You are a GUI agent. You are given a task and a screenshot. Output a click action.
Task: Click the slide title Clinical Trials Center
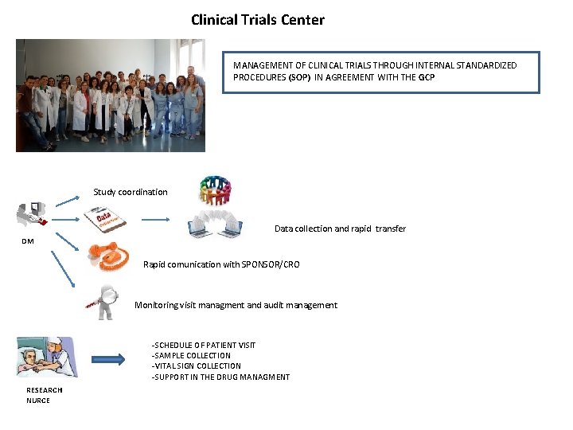point(257,20)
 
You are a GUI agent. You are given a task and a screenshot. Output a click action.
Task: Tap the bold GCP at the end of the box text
point(427,77)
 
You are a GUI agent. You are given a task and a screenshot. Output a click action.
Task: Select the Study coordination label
point(131,192)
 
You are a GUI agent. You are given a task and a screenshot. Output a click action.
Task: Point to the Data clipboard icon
point(107,219)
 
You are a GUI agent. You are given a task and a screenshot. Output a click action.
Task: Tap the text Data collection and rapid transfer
point(340,229)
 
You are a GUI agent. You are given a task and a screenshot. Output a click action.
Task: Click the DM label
point(28,240)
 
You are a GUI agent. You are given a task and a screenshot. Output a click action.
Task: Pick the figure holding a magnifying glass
point(104,303)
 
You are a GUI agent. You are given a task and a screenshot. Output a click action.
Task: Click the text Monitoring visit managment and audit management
point(236,305)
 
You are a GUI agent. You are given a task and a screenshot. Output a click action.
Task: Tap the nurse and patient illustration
point(47,357)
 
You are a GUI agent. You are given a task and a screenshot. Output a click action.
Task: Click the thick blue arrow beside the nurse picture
point(108,359)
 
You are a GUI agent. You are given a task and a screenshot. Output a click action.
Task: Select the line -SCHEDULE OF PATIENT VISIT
point(204,345)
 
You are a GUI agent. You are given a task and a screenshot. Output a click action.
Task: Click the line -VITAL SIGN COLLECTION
point(196,366)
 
